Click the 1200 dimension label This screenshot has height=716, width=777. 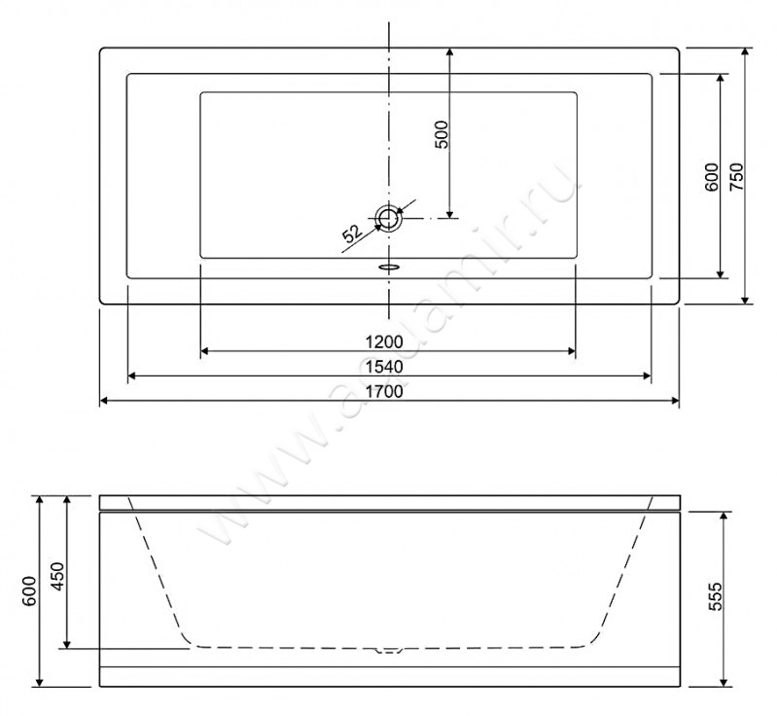tap(384, 342)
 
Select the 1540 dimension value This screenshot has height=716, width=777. tap(384, 367)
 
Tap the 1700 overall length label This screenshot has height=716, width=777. tap(384, 392)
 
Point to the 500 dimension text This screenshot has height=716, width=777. tap(441, 134)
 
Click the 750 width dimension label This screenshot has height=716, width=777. tap(737, 176)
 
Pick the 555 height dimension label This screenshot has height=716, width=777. tap(715, 596)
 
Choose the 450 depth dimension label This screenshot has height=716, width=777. tap(57, 576)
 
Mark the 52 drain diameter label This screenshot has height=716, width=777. tap(353, 233)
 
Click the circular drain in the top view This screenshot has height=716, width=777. tap(389, 218)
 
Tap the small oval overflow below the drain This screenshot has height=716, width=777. tap(389, 268)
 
